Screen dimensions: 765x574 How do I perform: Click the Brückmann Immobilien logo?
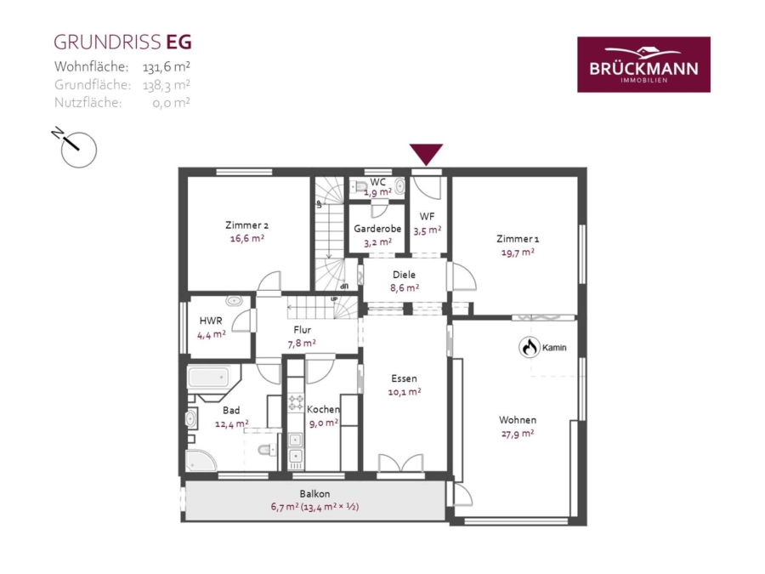[643, 65]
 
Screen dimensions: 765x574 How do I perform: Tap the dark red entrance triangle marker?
[426, 154]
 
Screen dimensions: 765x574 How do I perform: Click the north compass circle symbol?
[78, 150]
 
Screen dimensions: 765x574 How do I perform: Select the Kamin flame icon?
[530, 348]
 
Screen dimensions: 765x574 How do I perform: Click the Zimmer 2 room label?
[246, 225]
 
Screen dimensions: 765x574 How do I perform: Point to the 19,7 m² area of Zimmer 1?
[518, 252]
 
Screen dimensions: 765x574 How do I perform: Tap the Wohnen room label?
[518, 420]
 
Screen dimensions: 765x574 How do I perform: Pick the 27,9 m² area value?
[518, 433]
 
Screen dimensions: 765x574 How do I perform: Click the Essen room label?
[404, 378]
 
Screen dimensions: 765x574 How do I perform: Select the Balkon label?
[314, 493]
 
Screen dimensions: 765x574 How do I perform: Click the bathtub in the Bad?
[209, 378]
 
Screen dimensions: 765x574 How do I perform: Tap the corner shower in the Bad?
[200, 461]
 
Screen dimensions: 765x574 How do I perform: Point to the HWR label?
[211, 321]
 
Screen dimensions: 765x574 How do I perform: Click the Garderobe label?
[377, 229]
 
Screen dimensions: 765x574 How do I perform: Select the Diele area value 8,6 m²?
[405, 287]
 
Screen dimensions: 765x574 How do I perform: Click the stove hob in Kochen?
[295, 403]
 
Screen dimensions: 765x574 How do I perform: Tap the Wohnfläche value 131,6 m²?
[167, 66]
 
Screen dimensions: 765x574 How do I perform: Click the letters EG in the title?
[179, 42]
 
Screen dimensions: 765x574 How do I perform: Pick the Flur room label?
[303, 329]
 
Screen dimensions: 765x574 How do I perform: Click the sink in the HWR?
[235, 301]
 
